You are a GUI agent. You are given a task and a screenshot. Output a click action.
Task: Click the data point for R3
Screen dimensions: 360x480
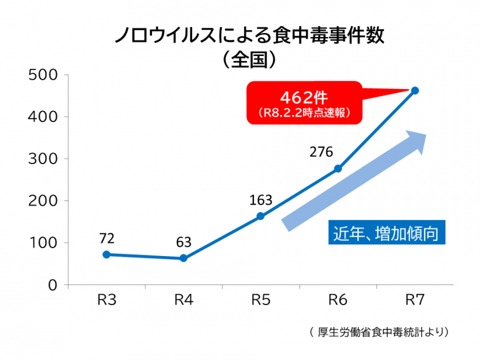(106, 254)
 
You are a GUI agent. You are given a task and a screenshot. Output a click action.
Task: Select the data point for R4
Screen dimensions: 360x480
(183, 258)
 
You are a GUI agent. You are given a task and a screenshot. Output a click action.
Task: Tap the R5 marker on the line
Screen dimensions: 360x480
(260, 216)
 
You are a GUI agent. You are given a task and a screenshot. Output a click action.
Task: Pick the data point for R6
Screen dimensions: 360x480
(338, 169)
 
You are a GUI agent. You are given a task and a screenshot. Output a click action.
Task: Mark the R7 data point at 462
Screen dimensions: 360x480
(415, 91)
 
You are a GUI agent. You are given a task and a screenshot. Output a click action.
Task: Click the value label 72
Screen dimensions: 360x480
(106, 238)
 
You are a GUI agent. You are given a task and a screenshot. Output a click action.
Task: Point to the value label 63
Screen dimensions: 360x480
(184, 242)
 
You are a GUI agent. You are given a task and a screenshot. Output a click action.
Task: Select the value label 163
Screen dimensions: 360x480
(261, 201)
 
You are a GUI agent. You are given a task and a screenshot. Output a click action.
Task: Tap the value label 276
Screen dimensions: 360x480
(322, 153)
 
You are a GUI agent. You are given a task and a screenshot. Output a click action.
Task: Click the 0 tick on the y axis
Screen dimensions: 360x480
(52, 285)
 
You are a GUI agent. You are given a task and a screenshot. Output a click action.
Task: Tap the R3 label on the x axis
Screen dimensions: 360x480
(106, 300)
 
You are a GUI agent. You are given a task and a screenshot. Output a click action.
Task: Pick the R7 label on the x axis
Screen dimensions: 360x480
(415, 300)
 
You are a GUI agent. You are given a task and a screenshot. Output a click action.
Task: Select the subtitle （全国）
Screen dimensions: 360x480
(248, 59)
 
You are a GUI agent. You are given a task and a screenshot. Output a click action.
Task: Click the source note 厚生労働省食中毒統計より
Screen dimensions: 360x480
(379, 332)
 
